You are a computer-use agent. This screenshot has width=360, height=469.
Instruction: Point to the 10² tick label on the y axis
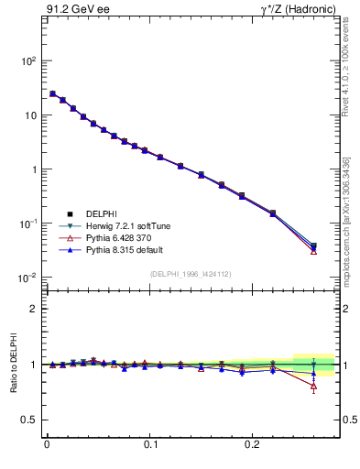pyautogui.click(x=28, y=61)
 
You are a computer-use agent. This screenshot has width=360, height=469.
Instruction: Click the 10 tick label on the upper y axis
pyautogui.click(x=30, y=115)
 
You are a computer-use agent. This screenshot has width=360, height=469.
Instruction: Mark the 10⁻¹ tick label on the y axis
pyautogui.click(x=27, y=224)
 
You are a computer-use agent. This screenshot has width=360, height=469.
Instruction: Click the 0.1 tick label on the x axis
pyautogui.click(x=151, y=450)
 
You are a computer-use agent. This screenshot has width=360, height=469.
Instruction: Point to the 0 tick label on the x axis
pyautogui.click(x=47, y=450)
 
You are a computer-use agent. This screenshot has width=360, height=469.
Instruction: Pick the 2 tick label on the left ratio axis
pyautogui.click(x=34, y=310)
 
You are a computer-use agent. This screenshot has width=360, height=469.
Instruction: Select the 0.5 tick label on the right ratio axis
pyautogui.click(x=349, y=420)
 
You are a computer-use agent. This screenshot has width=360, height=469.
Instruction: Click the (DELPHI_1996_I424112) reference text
pyautogui.click(x=191, y=273)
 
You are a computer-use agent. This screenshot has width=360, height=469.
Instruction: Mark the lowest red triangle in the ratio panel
pyautogui.click(x=313, y=386)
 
